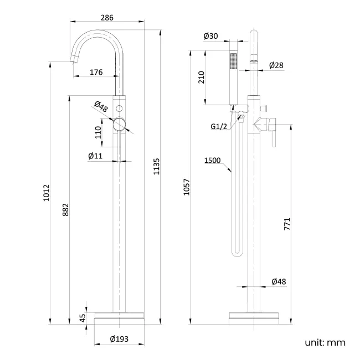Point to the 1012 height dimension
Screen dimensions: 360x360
tap(47, 193)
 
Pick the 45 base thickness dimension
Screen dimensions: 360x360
tap(83, 318)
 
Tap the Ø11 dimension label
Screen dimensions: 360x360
tap(95, 156)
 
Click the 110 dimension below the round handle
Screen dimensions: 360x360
tap(98, 132)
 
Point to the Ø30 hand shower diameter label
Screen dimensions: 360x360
tap(210, 36)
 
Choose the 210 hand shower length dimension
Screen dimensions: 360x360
tap(201, 78)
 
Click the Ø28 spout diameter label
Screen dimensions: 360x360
tap(276, 65)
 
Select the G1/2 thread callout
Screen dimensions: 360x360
tap(218, 127)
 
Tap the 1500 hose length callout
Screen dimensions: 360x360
tap(212, 161)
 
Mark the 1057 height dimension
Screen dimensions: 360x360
tap(186, 188)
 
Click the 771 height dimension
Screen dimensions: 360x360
tap(287, 224)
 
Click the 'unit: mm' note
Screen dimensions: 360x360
tap(325, 342)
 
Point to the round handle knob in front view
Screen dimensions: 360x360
tap(119, 125)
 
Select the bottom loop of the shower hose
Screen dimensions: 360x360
tap(235, 253)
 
